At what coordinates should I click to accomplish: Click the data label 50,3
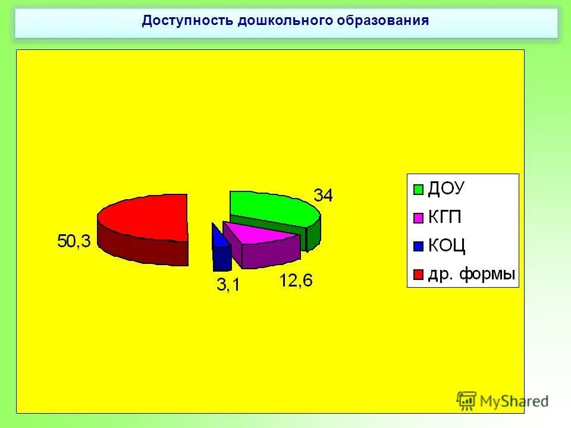pyautogui.click(x=74, y=241)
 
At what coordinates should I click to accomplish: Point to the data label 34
pyautogui.click(x=324, y=194)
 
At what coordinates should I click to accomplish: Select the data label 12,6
pyautogui.click(x=296, y=281)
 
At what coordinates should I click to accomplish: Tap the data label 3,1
pyautogui.click(x=228, y=285)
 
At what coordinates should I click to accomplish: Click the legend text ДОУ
pyautogui.click(x=446, y=189)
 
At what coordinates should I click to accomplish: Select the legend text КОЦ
pyautogui.click(x=447, y=246)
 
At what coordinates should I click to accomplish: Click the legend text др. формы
pyautogui.click(x=471, y=275)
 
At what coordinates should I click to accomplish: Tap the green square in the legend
pyautogui.click(x=418, y=190)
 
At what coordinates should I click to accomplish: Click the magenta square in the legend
pyautogui.click(x=418, y=218)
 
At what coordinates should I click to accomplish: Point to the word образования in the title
pyautogui.click(x=383, y=21)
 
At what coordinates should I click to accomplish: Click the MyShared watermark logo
pyautogui.click(x=503, y=400)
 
